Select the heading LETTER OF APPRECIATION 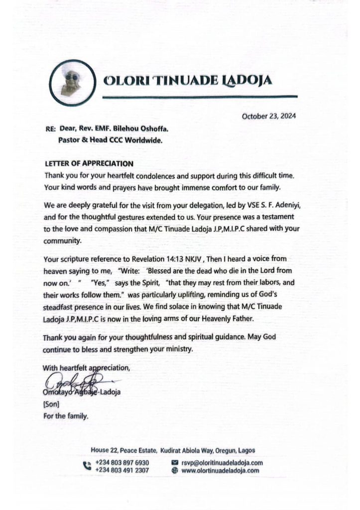point(89,163)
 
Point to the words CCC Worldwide point(136,140)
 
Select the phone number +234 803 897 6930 point(121,463)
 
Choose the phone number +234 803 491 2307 point(121,470)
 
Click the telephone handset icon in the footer point(86,466)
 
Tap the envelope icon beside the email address point(175,463)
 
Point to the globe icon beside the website point(175,470)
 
